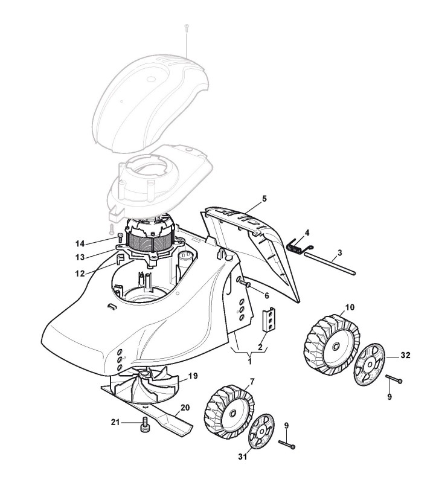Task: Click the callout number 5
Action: click(x=264, y=199)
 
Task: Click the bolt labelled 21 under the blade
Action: click(x=144, y=425)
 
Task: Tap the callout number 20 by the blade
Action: click(x=185, y=408)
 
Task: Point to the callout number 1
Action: click(x=250, y=361)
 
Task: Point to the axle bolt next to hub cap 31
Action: click(x=287, y=445)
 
